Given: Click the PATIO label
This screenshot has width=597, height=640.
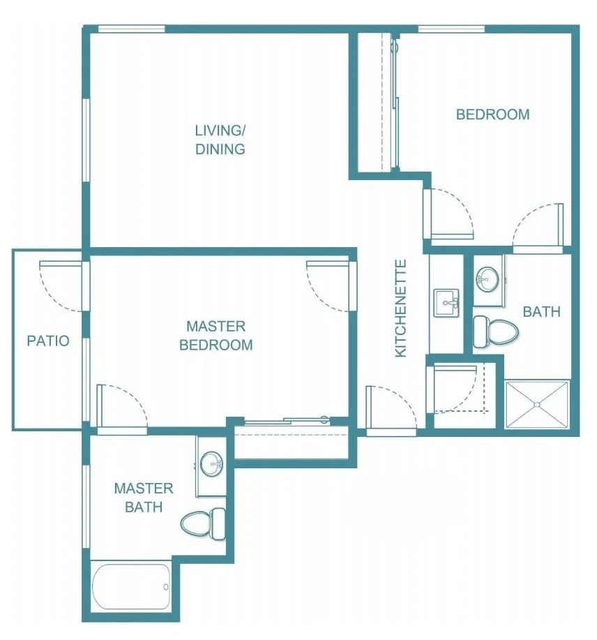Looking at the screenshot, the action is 47,341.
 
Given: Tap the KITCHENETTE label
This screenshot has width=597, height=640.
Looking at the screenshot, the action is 401,308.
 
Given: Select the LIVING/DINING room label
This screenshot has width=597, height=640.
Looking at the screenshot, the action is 220,140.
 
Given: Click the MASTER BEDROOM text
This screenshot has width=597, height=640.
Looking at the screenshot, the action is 216,336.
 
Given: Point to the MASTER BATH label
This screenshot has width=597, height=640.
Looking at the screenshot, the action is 144,498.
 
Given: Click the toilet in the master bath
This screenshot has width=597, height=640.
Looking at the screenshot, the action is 203,523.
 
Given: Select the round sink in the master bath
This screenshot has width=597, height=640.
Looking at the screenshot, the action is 211,463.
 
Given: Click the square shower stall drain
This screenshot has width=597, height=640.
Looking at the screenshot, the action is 536,405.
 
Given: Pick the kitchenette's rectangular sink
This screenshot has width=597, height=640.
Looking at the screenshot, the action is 446,302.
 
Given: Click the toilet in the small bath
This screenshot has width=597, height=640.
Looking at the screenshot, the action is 495,332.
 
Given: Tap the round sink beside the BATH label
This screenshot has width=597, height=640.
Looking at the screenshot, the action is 487,280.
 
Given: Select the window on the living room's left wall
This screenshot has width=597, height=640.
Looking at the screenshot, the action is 86,140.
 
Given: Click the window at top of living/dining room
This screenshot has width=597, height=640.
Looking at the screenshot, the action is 132,29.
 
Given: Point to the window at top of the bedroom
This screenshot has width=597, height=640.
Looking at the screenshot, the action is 452,29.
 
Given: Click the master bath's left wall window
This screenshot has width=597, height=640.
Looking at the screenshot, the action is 86,507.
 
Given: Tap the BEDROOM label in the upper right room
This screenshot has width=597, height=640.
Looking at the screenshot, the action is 492,114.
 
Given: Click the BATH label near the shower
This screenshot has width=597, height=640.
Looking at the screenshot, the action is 541,312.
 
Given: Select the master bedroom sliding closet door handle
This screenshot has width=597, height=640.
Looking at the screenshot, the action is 324,419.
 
